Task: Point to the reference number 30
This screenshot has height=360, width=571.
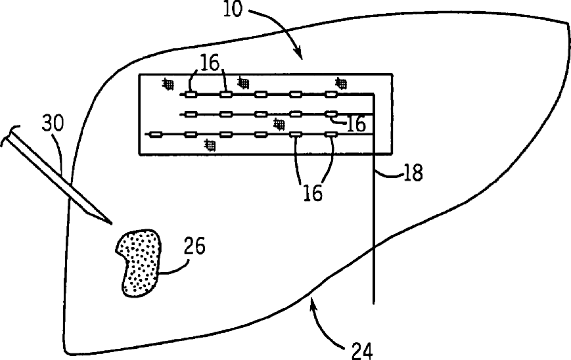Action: pyautogui.click(x=52, y=124)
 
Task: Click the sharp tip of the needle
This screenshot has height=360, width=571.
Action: pyautogui.click(x=109, y=221)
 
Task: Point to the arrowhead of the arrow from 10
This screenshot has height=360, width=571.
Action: pyautogui.click(x=300, y=55)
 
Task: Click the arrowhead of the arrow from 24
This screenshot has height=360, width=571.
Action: pyautogui.click(x=312, y=300)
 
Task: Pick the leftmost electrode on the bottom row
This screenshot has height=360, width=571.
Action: pyautogui.click(x=156, y=135)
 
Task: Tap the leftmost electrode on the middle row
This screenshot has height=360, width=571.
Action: pyautogui.click(x=191, y=114)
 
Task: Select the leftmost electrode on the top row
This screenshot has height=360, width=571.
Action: pyautogui.click(x=190, y=94)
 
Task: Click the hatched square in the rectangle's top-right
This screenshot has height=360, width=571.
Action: pyautogui.click(x=341, y=82)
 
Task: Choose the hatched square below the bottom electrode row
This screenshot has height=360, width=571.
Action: pyautogui.click(x=210, y=144)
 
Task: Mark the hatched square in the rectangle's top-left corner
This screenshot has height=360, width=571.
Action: pyautogui.click(x=169, y=83)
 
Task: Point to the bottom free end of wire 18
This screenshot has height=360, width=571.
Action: pyautogui.click(x=373, y=303)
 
